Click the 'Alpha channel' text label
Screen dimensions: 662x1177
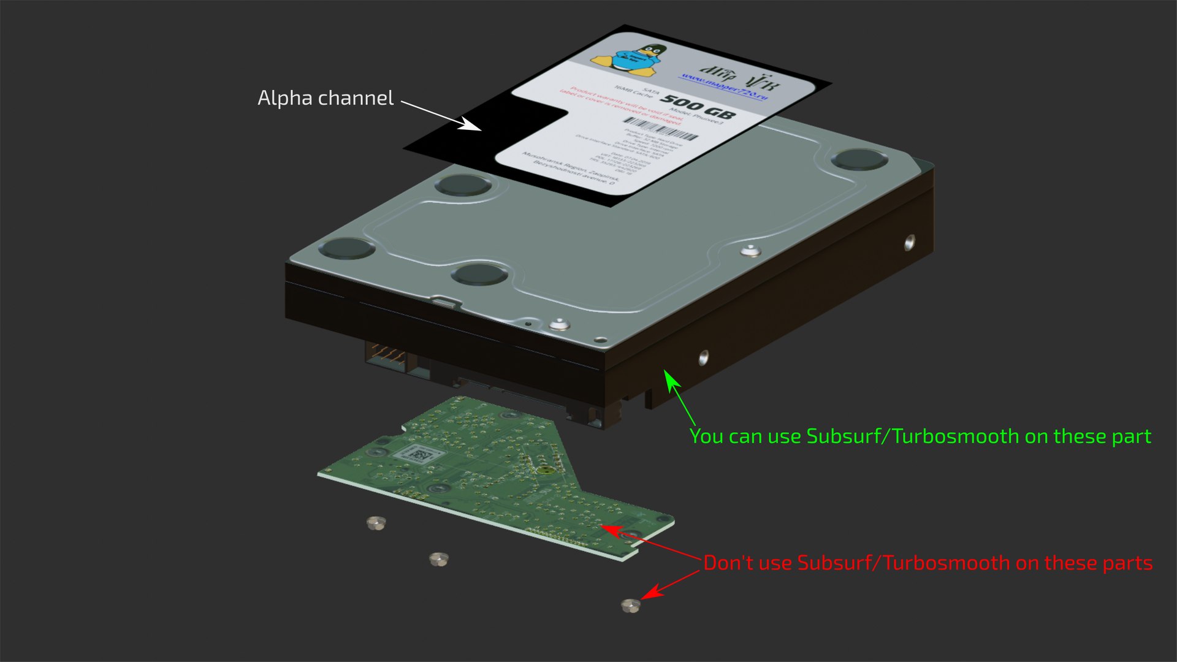[x=325, y=98]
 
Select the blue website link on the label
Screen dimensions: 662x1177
[x=723, y=86]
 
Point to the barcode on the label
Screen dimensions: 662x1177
[x=661, y=129]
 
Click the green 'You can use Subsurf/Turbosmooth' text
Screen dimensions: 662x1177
[x=920, y=436]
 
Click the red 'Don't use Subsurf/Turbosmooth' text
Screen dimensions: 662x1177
[x=927, y=563]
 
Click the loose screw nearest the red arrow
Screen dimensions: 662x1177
[x=630, y=606]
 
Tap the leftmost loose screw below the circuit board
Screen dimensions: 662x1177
[x=376, y=523]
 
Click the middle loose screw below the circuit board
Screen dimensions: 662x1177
[x=438, y=558]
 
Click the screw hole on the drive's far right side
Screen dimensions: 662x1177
[x=909, y=243]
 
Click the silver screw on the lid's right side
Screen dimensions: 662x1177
[x=750, y=251]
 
